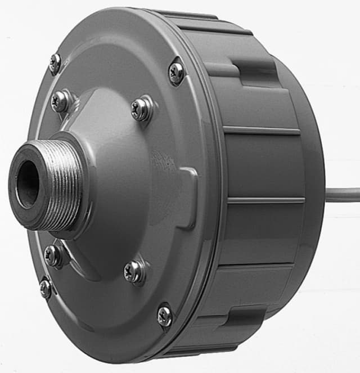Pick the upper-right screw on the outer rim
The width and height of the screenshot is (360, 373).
pyautogui.click(x=176, y=72)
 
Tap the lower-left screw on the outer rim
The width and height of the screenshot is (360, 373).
pyautogui.click(x=46, y=288)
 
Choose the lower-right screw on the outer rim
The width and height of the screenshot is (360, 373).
pyautogui.click(x=165, y=315)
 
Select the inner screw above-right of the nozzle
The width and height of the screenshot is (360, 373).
pyautogui.click(x=141, y=108)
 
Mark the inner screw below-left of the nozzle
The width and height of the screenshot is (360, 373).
pyautogui.click(x=53, y=255)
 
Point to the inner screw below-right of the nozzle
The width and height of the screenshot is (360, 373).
pyautogui.click(x=135, y=271)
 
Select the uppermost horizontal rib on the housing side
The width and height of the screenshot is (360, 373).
pyautogui.click(x=262, y=131)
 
